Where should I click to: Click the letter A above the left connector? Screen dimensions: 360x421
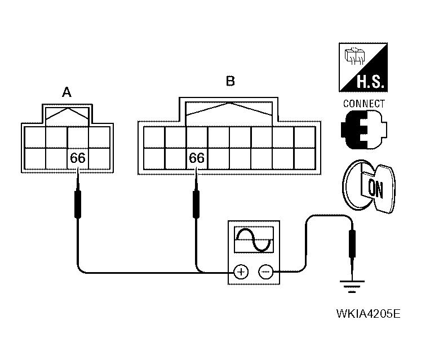[x=67, y=93]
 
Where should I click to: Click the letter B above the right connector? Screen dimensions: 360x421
[x=230, y=81]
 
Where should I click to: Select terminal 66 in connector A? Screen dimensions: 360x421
[x=78, y=158]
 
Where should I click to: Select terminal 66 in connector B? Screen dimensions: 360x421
[x=197, y=158]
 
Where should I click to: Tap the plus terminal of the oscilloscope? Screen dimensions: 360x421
[x=241, y=272]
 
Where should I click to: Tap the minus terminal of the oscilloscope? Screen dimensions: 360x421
[x=265, y=272]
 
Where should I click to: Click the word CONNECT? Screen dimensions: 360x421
[x=364, y=104]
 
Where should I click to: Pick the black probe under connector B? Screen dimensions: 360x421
[x=197, y=203]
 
